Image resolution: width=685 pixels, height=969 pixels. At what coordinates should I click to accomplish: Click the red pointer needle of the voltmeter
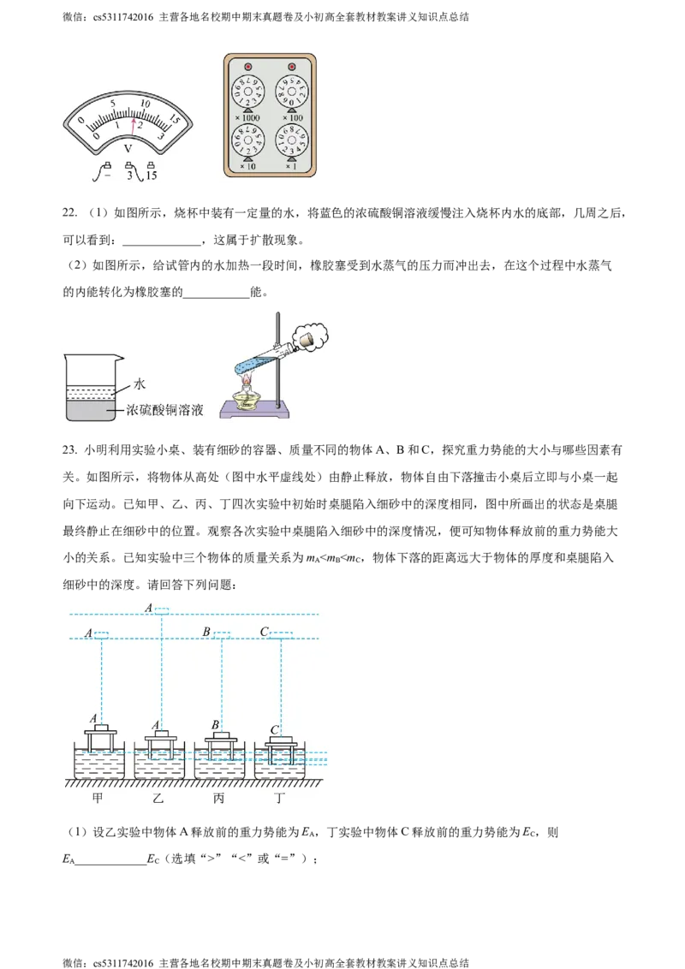point(133,125)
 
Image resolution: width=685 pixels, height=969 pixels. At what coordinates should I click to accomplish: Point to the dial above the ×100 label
point(292,91)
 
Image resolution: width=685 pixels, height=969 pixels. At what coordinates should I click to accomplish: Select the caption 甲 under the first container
point(101,799)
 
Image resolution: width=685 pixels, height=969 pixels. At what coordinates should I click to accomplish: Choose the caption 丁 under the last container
point(281,799)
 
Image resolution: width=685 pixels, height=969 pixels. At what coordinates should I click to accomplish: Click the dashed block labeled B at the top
point(222,634)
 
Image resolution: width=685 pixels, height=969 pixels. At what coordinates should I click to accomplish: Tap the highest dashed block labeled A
point(162,609)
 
